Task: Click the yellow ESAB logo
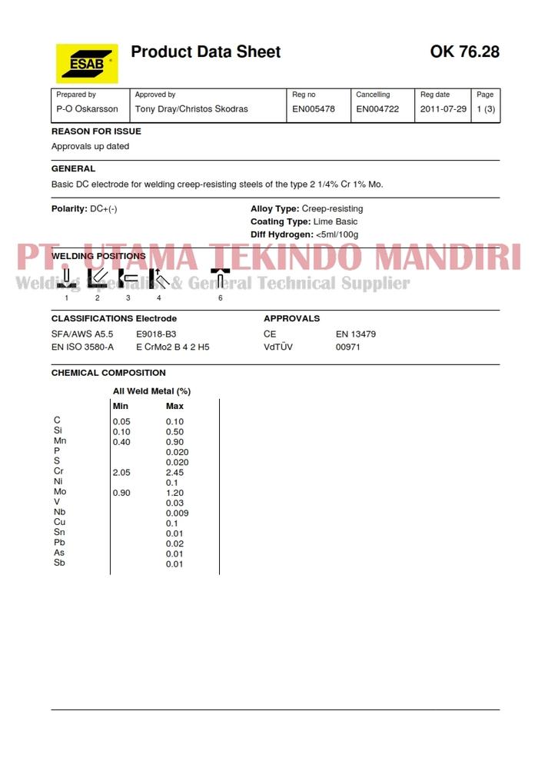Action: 87,63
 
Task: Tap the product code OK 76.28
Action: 464,52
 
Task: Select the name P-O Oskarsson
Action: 88,109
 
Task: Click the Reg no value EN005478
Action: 314,109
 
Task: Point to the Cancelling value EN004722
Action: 377,109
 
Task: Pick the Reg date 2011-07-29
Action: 443,109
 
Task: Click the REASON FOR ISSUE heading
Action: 96,131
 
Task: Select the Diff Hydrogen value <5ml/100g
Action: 337,234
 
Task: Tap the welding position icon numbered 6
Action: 221,278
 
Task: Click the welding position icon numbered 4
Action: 158,278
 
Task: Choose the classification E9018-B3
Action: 156,334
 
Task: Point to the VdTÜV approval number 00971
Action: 348,347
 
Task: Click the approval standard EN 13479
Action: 356,334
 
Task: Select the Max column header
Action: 174,406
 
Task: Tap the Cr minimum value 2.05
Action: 121,472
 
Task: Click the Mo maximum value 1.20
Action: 174,493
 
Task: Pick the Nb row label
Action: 60,512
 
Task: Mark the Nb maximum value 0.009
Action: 177,513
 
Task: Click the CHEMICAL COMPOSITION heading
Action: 108,373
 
